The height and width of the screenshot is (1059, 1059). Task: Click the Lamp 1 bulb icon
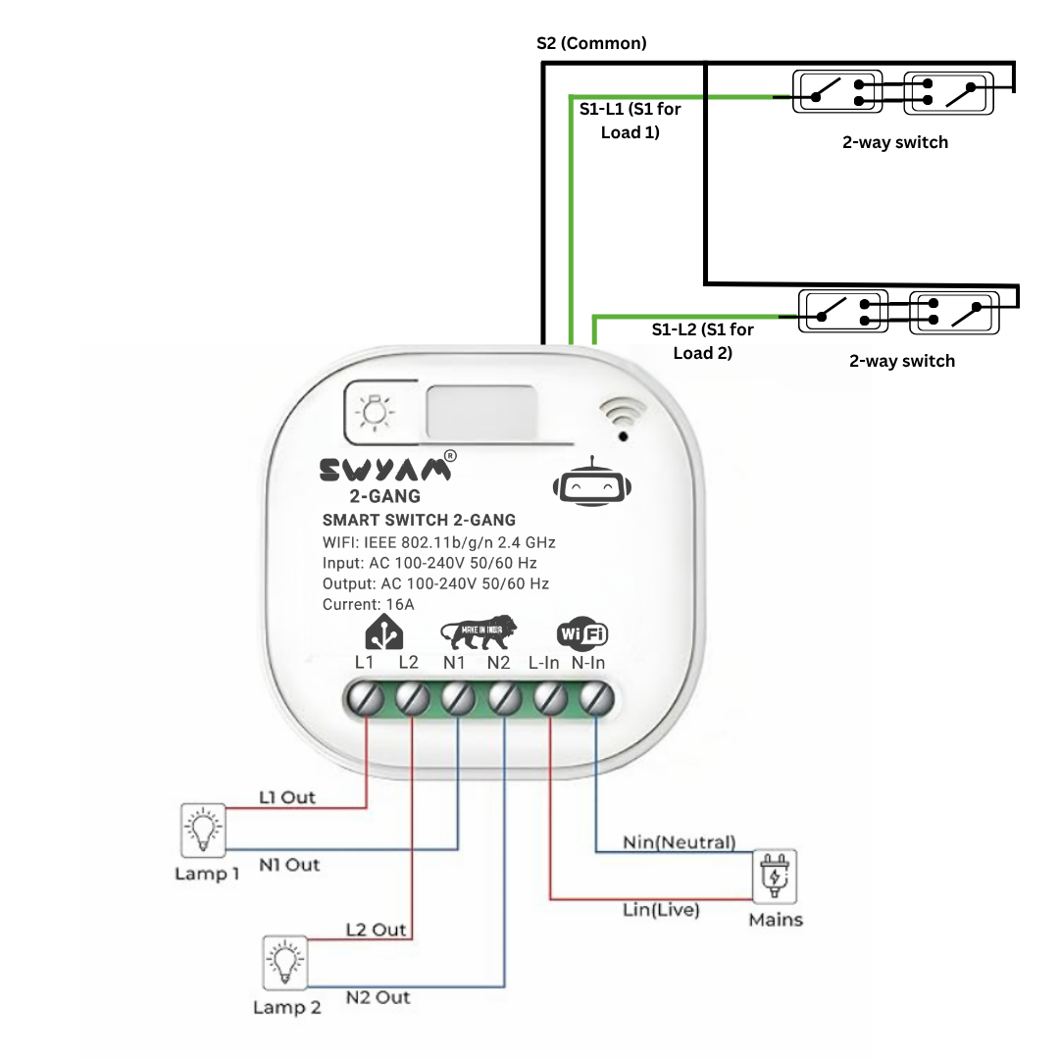[203, 831]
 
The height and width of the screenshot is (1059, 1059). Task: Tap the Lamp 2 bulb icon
[283, 963]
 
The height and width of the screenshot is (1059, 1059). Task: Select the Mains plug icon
[775, 876]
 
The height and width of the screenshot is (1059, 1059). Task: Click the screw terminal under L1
[366, 699]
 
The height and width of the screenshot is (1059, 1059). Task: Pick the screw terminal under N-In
[596, 699]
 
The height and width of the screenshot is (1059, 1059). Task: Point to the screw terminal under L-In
[550, 699]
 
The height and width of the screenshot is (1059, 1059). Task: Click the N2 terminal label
[499, 663]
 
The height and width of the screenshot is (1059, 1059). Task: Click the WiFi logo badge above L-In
[581, 634]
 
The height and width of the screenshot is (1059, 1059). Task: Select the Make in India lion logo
[478, 634]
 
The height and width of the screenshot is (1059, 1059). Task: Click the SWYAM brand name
[386, 471]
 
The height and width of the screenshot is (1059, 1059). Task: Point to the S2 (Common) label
[591, 43]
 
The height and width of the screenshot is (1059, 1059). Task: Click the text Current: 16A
[369, 605]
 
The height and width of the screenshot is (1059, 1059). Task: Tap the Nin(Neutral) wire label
[679, 842]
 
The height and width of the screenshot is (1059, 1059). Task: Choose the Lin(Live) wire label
[661, 910]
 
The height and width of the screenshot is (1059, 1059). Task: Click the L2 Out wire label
[376, 930]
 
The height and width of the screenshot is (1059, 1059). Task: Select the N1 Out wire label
[289, 865]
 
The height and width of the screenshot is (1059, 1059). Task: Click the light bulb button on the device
[373, 413]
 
